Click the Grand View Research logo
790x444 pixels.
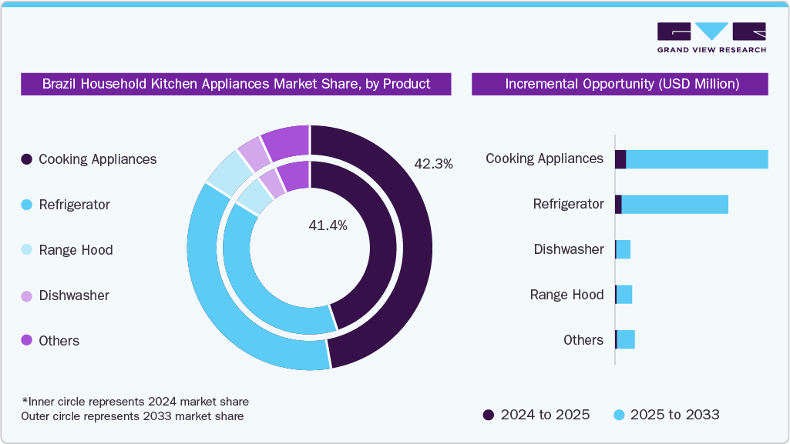click(x=711, y=38)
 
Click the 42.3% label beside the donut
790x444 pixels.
click(x=433, y=164)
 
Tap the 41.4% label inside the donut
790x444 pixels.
click(x=327, y=225)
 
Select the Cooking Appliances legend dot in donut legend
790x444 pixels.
click(x=27, y=159)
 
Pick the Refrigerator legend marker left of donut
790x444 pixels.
click(x=27, y=205)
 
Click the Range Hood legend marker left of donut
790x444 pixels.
click(x=27, y=250)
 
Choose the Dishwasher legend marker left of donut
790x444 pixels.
click(x=27, y=295)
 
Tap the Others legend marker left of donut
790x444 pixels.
click(x=27, y=341)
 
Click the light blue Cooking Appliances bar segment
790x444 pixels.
click(x=697, y=159)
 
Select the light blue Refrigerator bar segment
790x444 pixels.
click(x=674, y=205)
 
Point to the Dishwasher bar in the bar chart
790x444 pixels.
click(x=624, y=249)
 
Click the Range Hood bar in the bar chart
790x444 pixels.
click(x=624, y=295)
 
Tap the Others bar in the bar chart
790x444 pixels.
click(x=626, y=339)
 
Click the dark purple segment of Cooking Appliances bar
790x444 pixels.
click(x=620, y=159)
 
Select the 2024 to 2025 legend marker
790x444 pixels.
click(x=489, y=415)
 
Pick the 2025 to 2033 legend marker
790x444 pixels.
click(x=618, y=415)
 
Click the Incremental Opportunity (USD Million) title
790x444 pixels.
click(x=621, y=84)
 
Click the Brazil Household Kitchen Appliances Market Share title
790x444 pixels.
click(x=236, y=84)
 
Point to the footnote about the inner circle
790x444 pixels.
click(x=135, y=402)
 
